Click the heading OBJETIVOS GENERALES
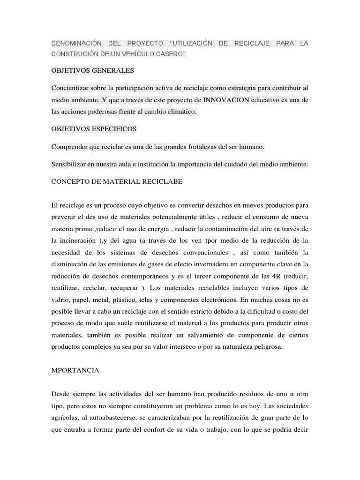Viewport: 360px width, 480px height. click(x=93, y=70)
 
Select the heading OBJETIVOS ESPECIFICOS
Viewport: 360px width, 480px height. click(x=94, y=129)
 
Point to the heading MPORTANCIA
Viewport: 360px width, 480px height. click(x=75, y=370)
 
